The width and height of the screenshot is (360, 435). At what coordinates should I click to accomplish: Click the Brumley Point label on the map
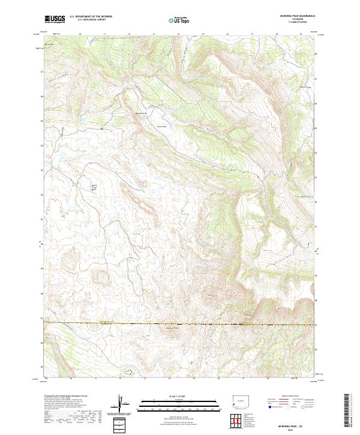(x=171, y=328)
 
